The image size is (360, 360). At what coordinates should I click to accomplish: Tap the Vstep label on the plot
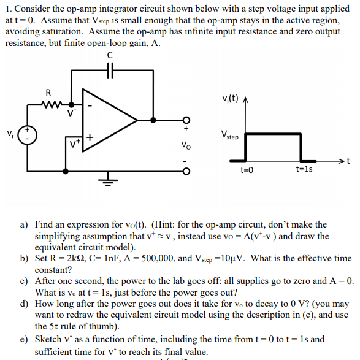[230, 135]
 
